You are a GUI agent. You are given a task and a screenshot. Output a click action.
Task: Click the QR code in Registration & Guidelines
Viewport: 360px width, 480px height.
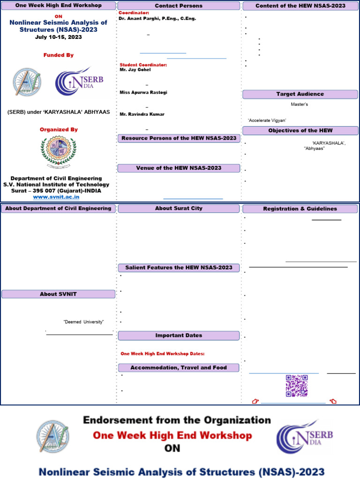(297, 386)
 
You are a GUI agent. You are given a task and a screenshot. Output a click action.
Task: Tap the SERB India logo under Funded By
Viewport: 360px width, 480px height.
(79, 81)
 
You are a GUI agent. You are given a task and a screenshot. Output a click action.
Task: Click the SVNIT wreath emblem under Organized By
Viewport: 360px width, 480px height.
(58, 153)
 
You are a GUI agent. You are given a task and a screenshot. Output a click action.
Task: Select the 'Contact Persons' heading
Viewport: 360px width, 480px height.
(179, 6)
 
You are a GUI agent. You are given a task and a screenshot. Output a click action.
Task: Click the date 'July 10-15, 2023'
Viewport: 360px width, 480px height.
(59, 37)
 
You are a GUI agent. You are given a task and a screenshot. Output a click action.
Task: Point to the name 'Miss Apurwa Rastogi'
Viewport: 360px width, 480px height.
(143, 92)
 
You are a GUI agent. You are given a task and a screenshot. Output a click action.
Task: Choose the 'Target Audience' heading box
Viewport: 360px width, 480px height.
(300, 94)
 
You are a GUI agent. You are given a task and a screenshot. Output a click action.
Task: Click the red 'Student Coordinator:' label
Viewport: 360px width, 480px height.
(143, 65)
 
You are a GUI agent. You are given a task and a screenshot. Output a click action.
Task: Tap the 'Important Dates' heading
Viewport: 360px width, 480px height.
(179, 336)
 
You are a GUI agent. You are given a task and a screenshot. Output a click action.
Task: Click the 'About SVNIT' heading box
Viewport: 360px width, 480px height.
(58, 294)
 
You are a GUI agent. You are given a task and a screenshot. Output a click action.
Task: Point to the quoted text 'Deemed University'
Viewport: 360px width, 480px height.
(83, 322)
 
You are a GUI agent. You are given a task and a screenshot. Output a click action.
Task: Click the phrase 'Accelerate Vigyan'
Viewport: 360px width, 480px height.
(267, 120)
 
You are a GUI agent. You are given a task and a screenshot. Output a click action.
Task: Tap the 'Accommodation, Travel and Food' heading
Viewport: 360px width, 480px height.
(179, 368)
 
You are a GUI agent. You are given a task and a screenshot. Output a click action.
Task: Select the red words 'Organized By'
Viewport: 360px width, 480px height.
(59, 129)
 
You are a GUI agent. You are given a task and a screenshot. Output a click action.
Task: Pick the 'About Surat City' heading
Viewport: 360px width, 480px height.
(179, 208)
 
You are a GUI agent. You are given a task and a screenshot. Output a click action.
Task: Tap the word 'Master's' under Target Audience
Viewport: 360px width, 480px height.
(300, 105)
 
